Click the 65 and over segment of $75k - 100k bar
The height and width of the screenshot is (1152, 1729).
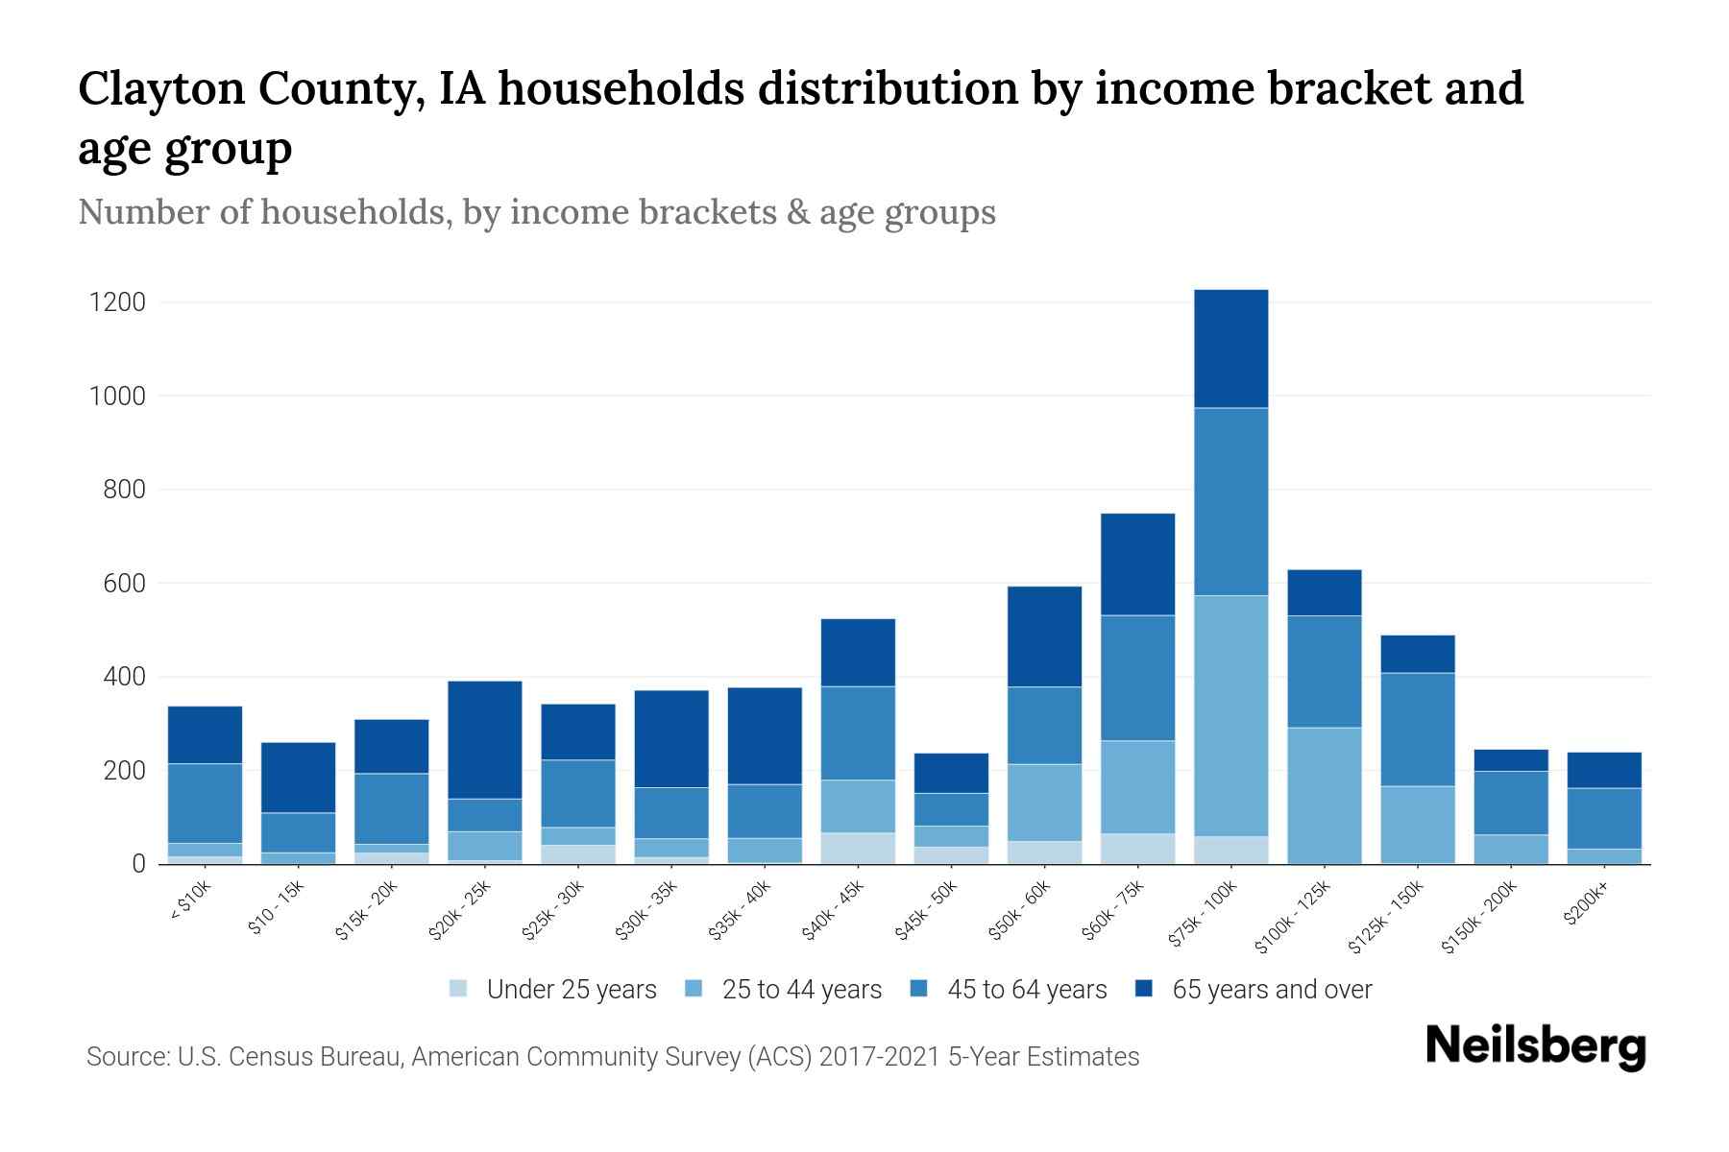pos(1230,348)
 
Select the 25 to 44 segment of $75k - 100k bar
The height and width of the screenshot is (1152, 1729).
pos(1230,715)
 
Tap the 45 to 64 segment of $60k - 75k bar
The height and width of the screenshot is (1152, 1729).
pos(1137,678)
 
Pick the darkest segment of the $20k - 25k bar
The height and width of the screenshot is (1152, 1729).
pos(485,739)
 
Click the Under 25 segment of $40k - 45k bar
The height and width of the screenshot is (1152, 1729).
pos(858,848)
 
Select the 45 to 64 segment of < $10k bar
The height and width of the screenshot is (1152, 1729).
pos(205,803)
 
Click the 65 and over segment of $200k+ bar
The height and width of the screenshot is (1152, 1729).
pos(1604,770)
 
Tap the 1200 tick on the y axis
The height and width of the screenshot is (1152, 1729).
pos(117,302)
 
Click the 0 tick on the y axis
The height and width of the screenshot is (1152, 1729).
pos(139,864)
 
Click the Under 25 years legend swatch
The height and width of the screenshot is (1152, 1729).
pos(459,989)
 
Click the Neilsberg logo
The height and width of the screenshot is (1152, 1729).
pos(1535,1046)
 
